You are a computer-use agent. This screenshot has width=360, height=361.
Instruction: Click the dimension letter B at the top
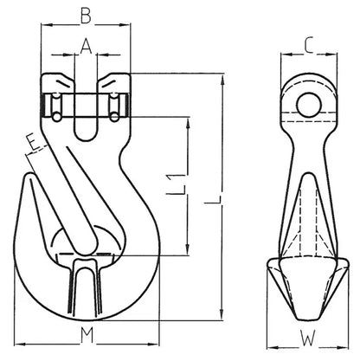click(x=83, y=14)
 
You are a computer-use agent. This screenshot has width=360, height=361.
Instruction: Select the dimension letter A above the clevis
click(x=84, y=48)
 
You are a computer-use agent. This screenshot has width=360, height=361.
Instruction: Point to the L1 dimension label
click(x=176, y=184)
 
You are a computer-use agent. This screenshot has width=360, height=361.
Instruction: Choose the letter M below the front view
click(x=83, y=334)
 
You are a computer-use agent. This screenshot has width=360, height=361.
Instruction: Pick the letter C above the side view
click(x=308, y=43)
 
